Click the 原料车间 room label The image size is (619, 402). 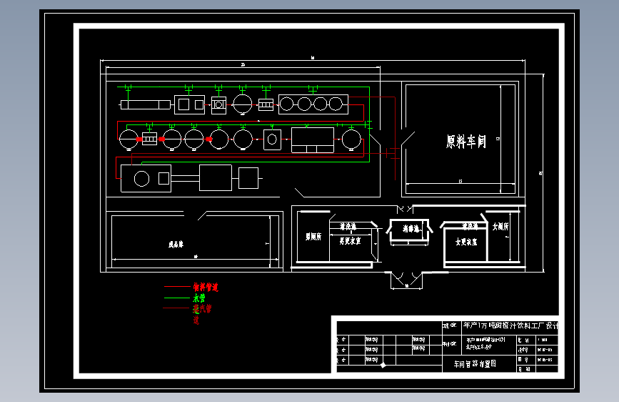(465, 142)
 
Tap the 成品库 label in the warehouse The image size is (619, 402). (176, 244)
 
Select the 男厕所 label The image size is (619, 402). (313, 235)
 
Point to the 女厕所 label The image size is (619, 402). (500, 226)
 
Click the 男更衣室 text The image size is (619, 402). (349, 240)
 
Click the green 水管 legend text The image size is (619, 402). (199, 298)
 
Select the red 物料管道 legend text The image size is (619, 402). (206, 287)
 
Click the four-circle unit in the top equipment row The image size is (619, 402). (313, 104)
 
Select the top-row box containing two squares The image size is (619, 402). (190, 104)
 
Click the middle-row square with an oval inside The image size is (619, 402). (272, 139)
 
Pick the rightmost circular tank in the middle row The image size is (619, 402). (350, 139)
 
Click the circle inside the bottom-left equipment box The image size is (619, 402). (141, 178)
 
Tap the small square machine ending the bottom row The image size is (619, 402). (248, 177)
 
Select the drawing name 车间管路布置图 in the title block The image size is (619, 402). (475, 363)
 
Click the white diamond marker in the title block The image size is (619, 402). (383, 365)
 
